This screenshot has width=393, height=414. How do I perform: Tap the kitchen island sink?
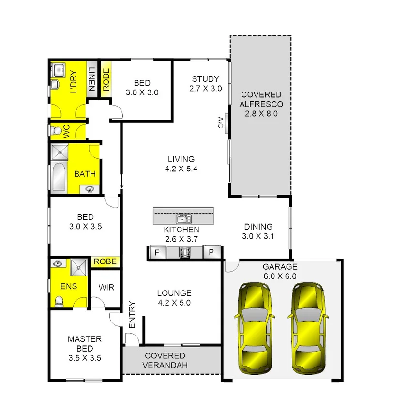(x=183, y=218)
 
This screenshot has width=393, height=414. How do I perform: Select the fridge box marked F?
(x=157, y=253)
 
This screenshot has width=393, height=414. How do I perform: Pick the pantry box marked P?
(x=212, y=253)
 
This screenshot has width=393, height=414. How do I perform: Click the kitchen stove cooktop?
(x=184, y=253)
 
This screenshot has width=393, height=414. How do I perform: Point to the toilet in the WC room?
(x=57, y=131)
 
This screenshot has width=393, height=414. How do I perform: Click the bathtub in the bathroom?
(x=58, y=177)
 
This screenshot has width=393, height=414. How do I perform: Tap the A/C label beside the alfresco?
(x=220, y=123)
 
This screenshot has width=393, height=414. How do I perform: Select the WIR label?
(x=106, y=288)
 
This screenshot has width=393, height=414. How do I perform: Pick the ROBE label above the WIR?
(x=105, y=261)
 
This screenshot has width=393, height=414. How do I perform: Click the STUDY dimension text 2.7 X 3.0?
(x=205, y=89)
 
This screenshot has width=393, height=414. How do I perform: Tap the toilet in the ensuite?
(x=59, y=301)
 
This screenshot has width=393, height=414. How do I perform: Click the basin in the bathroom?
(x=90, y=189)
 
